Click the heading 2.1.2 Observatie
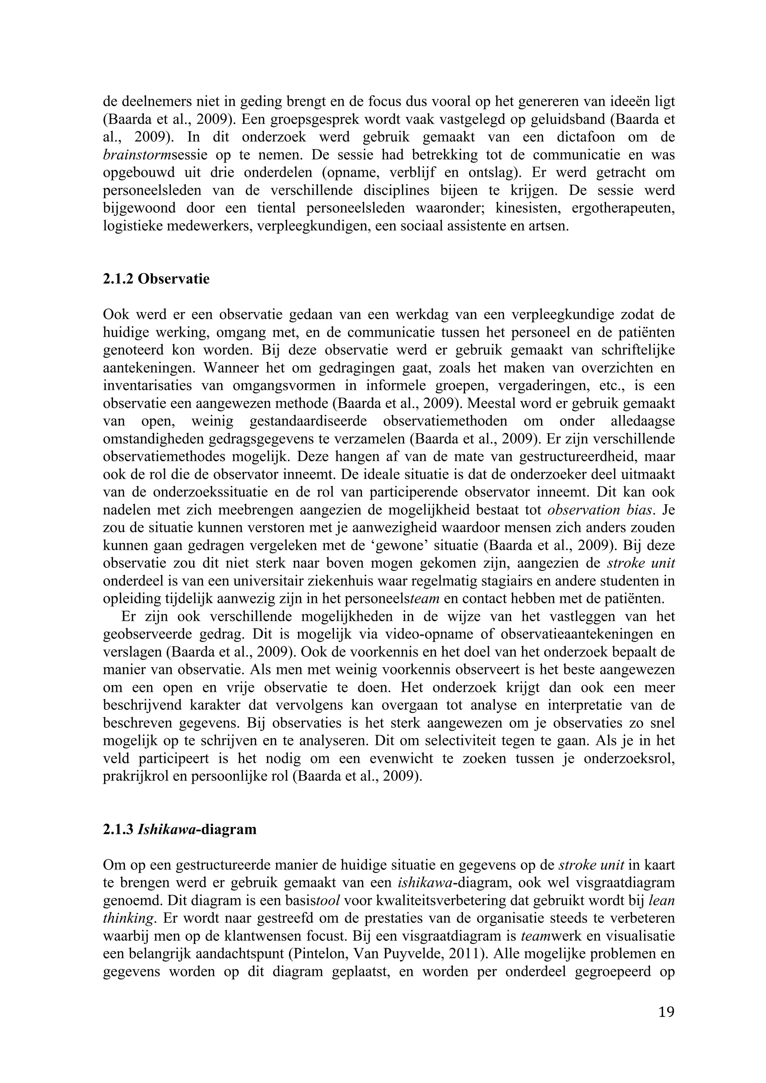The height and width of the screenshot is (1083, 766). coord(156,279)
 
